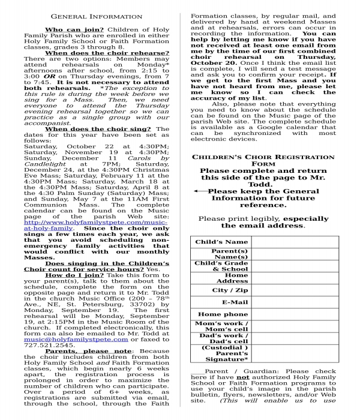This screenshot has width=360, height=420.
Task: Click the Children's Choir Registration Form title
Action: pyautogui.click(x=263, y=160)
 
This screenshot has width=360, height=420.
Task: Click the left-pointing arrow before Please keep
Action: pyautogui.click(x=200, y=191)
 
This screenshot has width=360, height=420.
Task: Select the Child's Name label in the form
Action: pyautogui.click(x=221, y=242)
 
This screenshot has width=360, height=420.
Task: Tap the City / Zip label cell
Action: pyautogui.click(x=221, y=290)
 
